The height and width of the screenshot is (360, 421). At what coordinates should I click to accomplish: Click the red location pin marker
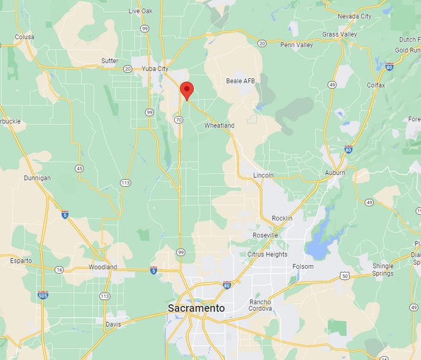pos(187,91)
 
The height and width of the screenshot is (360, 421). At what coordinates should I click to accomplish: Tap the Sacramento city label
pos(196,309)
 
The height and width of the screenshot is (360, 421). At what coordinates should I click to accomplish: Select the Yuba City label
pos(154,69)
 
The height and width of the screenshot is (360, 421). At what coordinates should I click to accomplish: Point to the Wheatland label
pos(219,126)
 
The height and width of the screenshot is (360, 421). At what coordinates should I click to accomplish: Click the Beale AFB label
pos(240,81)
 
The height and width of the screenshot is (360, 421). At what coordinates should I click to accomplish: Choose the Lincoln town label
pos(264,176)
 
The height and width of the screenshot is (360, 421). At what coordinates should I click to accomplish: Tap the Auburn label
pos(335,173)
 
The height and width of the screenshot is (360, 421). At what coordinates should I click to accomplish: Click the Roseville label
pos(265,235)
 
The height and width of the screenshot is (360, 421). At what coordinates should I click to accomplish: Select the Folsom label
pos(303,267)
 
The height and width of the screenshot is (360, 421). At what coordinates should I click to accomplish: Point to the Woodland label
pos(102,268)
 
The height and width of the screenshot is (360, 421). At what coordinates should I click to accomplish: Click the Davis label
pos(113,324)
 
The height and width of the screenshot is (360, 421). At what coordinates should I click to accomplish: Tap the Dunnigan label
pos(37,178)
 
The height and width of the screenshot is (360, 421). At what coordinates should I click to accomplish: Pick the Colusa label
pos(25,37)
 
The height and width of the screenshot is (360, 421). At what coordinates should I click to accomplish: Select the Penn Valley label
pos(297,45)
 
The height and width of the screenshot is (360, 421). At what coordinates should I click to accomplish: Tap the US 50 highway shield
pos(345,276)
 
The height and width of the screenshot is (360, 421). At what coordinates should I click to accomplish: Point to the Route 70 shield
pos(178,119)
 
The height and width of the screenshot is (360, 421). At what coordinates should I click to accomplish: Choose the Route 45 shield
pos(79,168)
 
